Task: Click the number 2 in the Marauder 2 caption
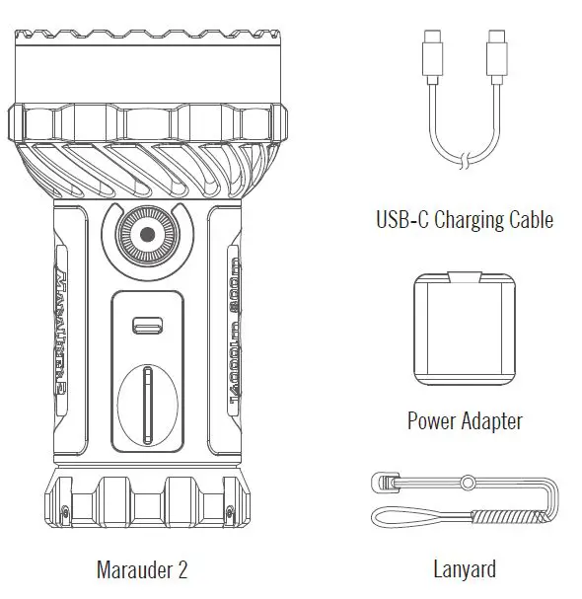[182, 569]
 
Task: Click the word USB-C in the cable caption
[400, 219]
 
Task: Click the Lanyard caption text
[465, 569]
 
